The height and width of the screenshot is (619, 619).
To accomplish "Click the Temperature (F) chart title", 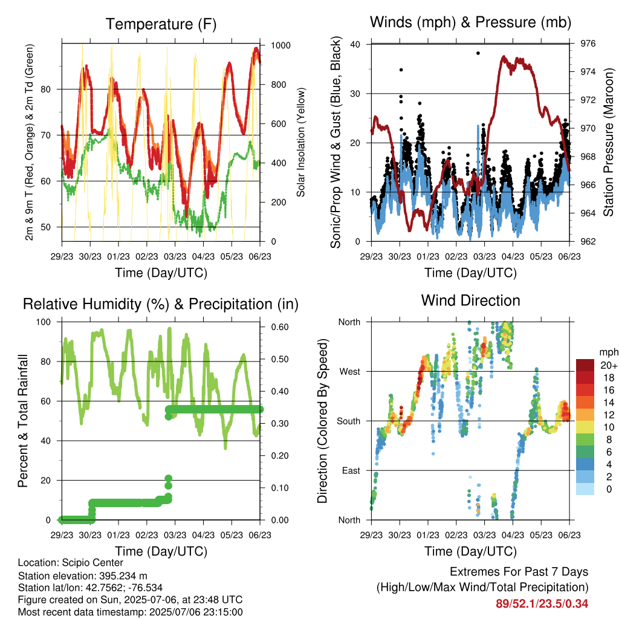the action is pyautogui.click(x=161, y=24).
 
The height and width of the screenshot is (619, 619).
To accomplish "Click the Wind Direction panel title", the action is pyautogui.click(x=470, y=300).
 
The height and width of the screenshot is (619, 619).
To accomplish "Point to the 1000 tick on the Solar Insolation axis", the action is pyautogui.click(x=280, y=45).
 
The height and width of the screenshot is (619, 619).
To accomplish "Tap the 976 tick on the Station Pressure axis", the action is pyautogui.click(x=588, y=44).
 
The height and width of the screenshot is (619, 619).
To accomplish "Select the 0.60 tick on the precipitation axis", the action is pyautogui.click(x=280, y=327).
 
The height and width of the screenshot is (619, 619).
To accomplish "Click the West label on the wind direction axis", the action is pyautogui.click(x=349, y=372).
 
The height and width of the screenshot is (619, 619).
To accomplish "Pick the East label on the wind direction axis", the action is pyautogui.click(x=351, y=470).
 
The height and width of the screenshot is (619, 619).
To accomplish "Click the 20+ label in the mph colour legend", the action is pyautogui.click(x=609, y=365).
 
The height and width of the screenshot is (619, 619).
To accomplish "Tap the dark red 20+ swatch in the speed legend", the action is pyautogui.click(x=585, y=365).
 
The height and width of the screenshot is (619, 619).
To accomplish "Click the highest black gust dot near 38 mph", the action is pyautogui.click(x=478, y=53).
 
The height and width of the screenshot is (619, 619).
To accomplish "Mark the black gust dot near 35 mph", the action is pyautogui.click(x=401, y=70).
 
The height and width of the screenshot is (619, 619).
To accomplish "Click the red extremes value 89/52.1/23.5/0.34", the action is pyautogui.click(x=542, y=604).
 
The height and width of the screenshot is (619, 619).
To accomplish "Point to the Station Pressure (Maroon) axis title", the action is pyautogui.click(x=608, y=142).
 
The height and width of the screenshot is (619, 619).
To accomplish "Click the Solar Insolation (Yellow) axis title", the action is pyautogui.click(x=301, y=142).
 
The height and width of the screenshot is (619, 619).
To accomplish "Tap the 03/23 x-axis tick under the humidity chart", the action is pyautogui.click(x=175, y=535).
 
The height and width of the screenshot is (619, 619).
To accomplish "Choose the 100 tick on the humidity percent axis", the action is pyautogui.click(x=44, y=322).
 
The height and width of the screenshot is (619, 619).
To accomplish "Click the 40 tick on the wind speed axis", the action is pyautogui.click(x=355, y=44).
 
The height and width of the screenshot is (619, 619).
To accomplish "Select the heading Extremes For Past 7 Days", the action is pyautogui.click(x=519, y=572).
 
